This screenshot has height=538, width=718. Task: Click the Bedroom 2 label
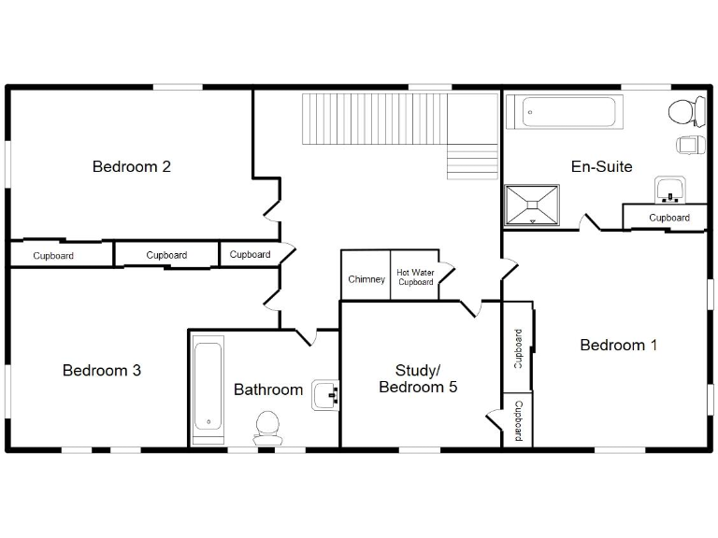pos(131,167)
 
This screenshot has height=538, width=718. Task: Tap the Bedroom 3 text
pos(102,371)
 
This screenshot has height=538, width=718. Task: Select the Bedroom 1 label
pos(618,346)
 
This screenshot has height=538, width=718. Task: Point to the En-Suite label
pos(601,167)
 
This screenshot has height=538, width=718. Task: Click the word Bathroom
pos(268,389)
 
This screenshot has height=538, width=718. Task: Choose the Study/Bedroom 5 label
pos(418,378)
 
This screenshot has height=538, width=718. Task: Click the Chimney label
pos(366,279)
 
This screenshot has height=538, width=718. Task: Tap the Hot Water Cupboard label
pos(415,277)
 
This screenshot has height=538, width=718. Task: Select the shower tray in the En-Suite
pos(533,205)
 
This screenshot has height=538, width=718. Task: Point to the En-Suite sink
pos(669,190)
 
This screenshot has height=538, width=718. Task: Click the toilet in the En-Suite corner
pos(687,111)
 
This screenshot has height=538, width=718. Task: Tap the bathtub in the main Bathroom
pos(208,388)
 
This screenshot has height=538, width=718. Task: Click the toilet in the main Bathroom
pos(267,427)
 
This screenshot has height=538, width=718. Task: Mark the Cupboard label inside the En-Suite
pos(669,219)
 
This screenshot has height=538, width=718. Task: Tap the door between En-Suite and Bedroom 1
pos(589,223)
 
